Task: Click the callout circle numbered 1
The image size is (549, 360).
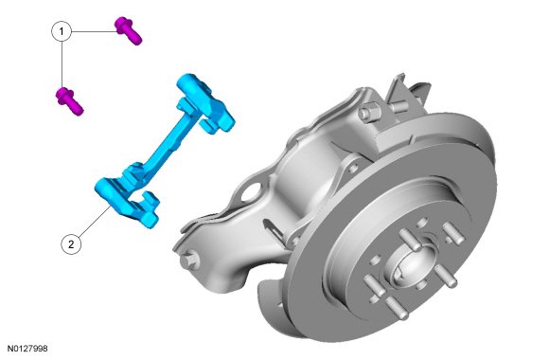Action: pyautogui.click(x=62, y=31)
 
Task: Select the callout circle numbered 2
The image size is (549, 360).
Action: pyautogui.click(x=71, y=244)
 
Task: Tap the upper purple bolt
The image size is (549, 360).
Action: pyautogui.click(x=129, y=31)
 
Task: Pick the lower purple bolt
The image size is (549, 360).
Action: pyautogui.click(x=70, y=101)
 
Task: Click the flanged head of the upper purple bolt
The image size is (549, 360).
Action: pyautogui.click(x=123, y=25)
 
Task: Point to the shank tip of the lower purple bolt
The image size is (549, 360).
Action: pyautogui.click(x=79, y=111)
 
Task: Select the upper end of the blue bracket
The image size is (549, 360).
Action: pyautogui.click(x=204, y=102)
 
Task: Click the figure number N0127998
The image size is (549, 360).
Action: pyautogui.click(x=27, y=349)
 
